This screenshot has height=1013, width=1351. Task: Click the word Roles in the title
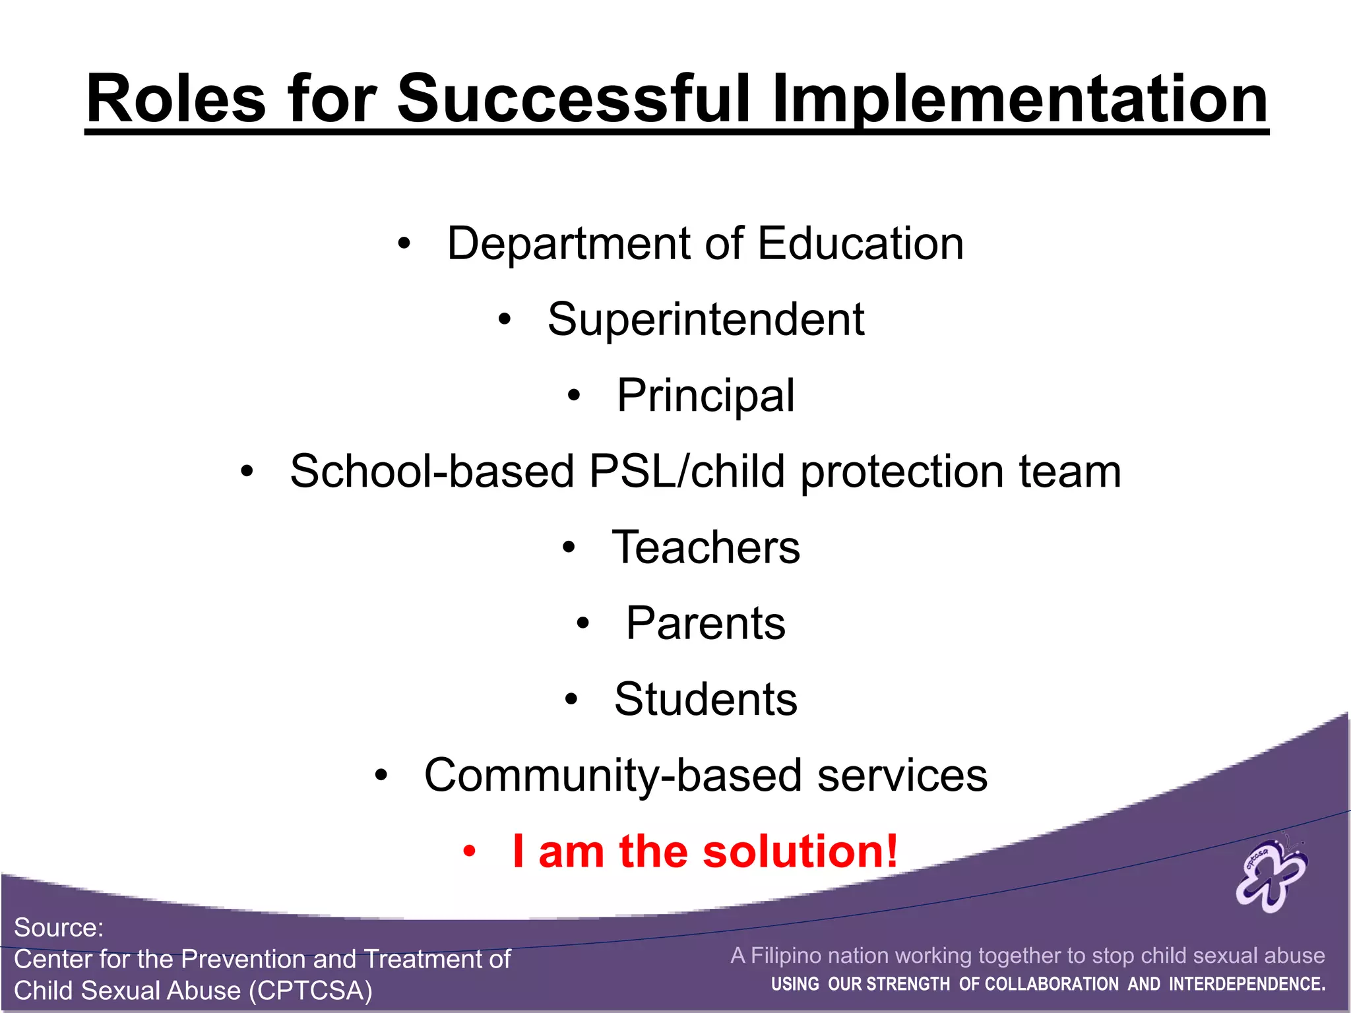176,99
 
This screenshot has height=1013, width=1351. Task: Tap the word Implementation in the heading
1020,99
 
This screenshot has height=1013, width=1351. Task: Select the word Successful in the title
574,99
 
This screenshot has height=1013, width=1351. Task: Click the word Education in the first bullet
860,243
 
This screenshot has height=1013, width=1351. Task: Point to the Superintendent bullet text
706,319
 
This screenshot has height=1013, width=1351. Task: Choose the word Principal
706,396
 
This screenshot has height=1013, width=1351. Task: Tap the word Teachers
706,547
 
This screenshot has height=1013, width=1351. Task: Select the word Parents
706,623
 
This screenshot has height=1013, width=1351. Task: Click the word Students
706,699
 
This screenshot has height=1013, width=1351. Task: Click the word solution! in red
800,851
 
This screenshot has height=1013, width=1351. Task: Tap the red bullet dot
469,852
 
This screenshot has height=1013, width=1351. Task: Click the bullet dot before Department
404,245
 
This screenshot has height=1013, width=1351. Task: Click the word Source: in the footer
59,928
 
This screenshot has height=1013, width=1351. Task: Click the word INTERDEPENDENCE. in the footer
1247,985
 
